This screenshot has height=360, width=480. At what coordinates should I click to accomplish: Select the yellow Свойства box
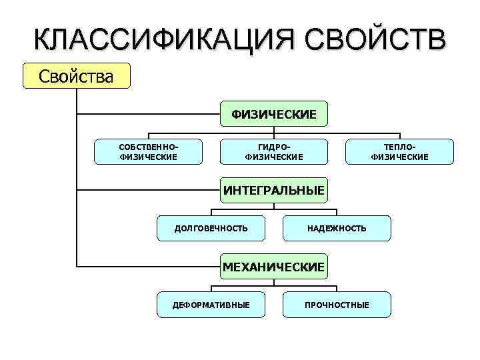76,76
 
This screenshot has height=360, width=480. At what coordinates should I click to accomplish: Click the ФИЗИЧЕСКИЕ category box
274,114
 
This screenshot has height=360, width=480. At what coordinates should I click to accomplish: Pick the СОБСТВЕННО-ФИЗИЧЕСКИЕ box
148,151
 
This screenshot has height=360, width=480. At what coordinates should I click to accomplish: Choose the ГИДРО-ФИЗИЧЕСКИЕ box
274,151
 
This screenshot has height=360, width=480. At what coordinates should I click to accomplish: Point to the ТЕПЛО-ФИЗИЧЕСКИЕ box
400,151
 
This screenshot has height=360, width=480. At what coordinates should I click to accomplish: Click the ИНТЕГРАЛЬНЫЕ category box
274,191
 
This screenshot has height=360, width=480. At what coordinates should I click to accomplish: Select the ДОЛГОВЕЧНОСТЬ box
211,228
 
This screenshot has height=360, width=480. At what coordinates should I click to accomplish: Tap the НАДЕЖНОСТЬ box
337,228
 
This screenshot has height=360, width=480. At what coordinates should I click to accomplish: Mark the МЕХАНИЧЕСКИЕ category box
274,267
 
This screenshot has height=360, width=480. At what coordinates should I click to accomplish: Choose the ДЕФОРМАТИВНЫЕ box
211,305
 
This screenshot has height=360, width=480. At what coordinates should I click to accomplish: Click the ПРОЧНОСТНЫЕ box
337,305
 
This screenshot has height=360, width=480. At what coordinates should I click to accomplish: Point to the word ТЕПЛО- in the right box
400,146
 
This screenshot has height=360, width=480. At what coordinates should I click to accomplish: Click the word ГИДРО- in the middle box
274,146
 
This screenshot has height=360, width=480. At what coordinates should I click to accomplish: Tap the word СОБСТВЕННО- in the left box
148,146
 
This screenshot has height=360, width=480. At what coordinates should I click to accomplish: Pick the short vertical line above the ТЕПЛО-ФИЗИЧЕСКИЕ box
400,136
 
